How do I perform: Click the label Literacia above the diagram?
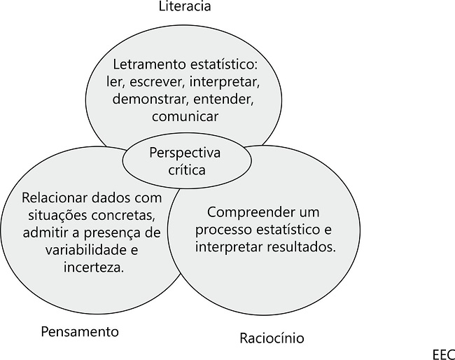(185, 7)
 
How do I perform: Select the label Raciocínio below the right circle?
(272, 338)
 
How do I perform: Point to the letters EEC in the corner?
(442, 354)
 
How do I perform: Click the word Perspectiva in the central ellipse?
(185, 153)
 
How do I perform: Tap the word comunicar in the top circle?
(185, 116)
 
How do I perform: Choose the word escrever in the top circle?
(157, 83)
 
